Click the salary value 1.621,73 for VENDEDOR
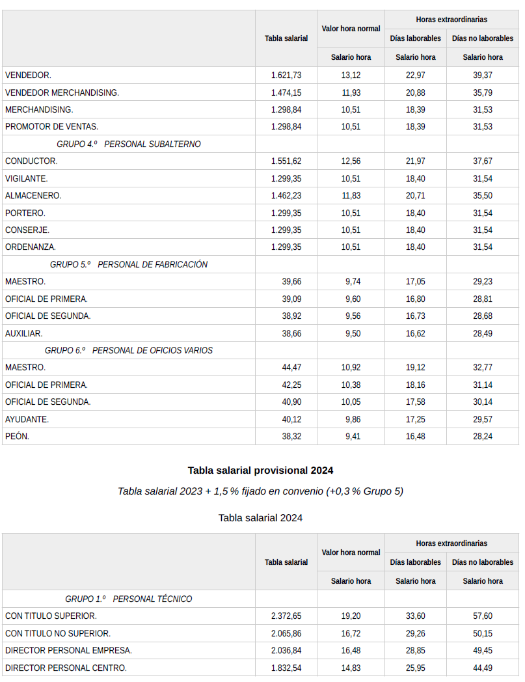286,75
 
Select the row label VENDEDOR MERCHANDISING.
62,92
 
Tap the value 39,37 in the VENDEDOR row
482,75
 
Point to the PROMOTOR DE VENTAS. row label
51,126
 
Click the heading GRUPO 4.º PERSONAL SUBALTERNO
129,144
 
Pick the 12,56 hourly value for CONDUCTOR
351,161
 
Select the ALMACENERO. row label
33,195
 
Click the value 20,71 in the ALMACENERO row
415,195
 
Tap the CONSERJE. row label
27,230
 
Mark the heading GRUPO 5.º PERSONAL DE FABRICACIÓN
129,264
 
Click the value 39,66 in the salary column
291,281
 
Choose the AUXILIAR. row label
23,333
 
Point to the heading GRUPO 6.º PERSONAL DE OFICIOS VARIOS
129,350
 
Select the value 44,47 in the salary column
291,368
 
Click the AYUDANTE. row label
27,419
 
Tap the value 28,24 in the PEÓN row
482,436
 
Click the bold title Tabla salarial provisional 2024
260,470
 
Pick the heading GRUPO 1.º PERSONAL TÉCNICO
129,599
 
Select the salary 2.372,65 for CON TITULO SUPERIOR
286,616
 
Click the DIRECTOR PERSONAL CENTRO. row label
66,667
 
